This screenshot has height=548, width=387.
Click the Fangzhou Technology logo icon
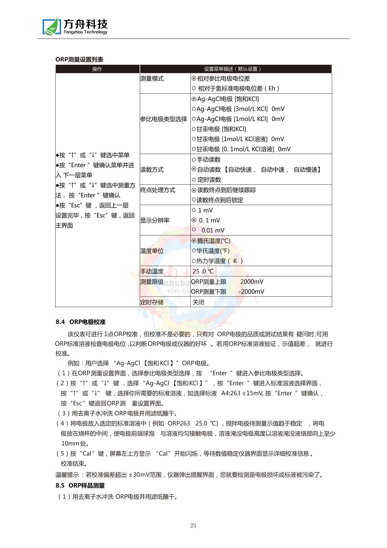tap(52, 26)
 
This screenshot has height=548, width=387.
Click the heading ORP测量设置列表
tap(79, 59)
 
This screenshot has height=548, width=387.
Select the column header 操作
tap(97, 69)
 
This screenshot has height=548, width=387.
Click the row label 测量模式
tap(152, 78)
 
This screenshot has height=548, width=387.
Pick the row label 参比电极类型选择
tap(164, 119)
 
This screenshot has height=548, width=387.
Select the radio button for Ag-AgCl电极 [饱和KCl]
tap(194, 99)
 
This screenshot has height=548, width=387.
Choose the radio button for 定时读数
tap(194, 180)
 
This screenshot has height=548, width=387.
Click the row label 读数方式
tap(152, 170)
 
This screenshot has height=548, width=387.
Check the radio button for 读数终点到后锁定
tap(194, 200)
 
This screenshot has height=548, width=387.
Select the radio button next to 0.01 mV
tap(194, 230)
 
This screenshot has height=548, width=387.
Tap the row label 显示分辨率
tap(155, 221)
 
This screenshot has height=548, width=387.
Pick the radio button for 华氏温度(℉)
tap(194, 251)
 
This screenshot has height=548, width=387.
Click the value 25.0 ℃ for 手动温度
tap(203, 271)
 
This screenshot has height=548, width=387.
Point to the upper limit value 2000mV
tap(252, 282)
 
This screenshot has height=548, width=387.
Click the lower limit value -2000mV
tap(251, 292)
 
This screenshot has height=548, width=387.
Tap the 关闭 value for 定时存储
tap(199, 302)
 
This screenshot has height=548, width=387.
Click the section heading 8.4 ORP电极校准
tap(80, 322)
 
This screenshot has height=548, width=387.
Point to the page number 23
tap(193, 525)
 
